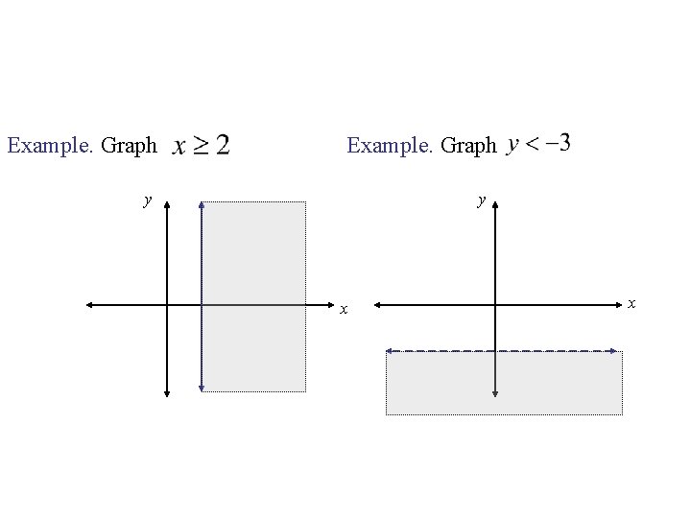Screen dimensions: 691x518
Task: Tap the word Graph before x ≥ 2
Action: pos(129,146)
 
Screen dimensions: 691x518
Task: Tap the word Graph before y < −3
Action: pos(469,145)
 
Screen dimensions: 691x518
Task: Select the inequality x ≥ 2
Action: pos(201,146)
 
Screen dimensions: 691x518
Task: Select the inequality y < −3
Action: pos(539,144)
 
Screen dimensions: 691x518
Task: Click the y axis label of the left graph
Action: pos(146,200)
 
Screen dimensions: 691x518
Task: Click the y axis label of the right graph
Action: pos(483,200)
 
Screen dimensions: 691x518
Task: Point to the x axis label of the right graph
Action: pos(631,302)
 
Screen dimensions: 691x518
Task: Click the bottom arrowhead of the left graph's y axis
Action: pos(166,391)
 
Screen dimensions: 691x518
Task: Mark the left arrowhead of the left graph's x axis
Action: pos(88,305)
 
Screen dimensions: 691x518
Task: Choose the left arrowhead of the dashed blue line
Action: pos(389,352)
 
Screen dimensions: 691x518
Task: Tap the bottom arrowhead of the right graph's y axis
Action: pos(494,392)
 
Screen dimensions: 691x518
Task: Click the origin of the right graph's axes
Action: pos(494,305)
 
